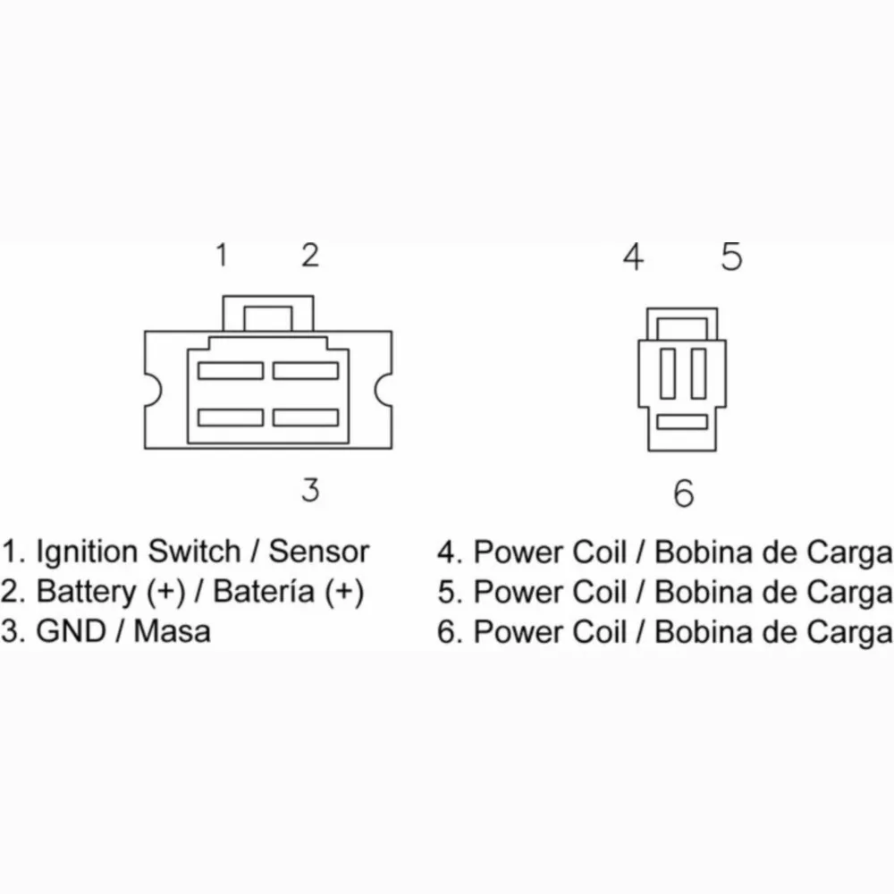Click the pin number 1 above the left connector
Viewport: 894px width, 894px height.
coord(222,255)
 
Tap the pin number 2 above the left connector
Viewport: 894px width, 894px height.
coord(310,255)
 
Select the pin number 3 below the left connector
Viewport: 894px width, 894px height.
coord(311,490)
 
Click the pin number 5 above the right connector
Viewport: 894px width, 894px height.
coord(731,257)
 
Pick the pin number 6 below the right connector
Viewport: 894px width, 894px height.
coord(684,493)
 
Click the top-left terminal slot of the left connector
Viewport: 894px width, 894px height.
coord(231,371)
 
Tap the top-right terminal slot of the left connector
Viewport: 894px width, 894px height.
coord(306,371)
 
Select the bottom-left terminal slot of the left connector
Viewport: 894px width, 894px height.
coord(231,417)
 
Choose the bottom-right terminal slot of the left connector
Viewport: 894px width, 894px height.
coord(306,417)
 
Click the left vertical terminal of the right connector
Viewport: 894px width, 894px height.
coord(668,374)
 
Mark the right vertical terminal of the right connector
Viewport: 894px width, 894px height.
coord(698,374)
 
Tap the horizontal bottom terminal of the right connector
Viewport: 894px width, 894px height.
coord(682,422)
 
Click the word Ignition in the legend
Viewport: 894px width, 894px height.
coord(87,552)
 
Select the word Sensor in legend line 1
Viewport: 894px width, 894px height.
coord(319,552)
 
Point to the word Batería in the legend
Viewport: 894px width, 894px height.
coord(264,591)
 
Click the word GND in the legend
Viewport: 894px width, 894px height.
coord(72,631)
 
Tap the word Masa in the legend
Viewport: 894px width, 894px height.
coord(173,631)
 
